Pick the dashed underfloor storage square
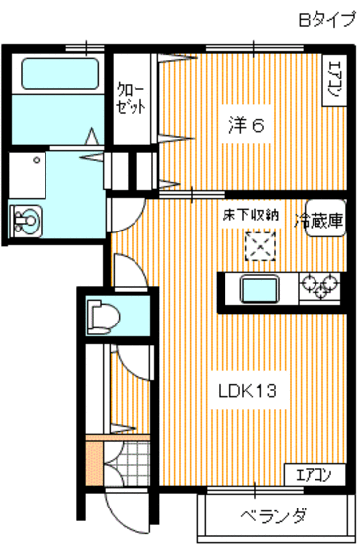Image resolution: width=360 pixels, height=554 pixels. (259, 243)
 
